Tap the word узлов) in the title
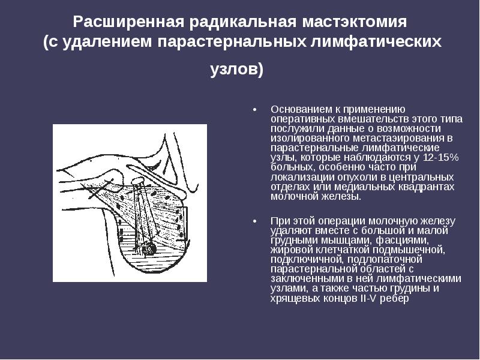click(237, 70)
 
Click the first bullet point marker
click(254, 110)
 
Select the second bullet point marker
click(254, 221)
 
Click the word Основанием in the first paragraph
click(299, 109)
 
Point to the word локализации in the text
click(298, 176)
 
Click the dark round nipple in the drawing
click(148, 247)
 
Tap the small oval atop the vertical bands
click(137, 179)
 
